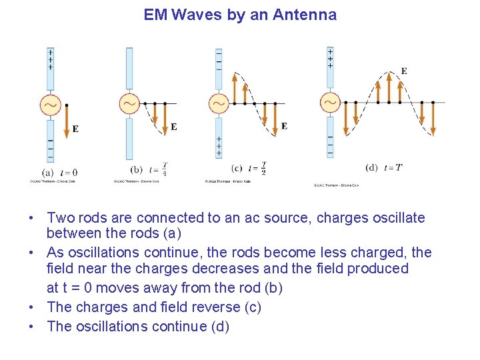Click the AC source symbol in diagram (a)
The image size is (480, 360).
point(51,105)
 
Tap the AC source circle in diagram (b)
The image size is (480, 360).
point(129,103)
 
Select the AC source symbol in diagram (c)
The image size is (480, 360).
point(219,103)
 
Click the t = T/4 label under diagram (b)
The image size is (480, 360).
point(158,170)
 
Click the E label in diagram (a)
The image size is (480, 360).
point(75,129)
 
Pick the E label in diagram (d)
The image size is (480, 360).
point(404,71)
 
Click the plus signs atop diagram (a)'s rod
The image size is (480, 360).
point(51,59)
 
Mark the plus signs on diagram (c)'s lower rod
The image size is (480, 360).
point(219,145)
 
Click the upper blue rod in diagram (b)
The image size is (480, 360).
point(129,69)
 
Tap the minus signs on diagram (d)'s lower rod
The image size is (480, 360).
point(331,144)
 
